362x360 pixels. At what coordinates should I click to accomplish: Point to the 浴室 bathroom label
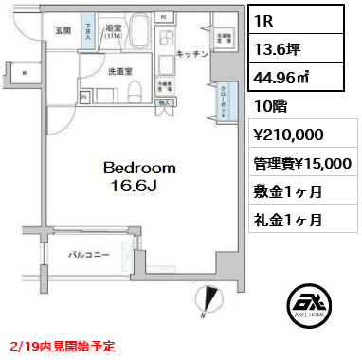(111, 29)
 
